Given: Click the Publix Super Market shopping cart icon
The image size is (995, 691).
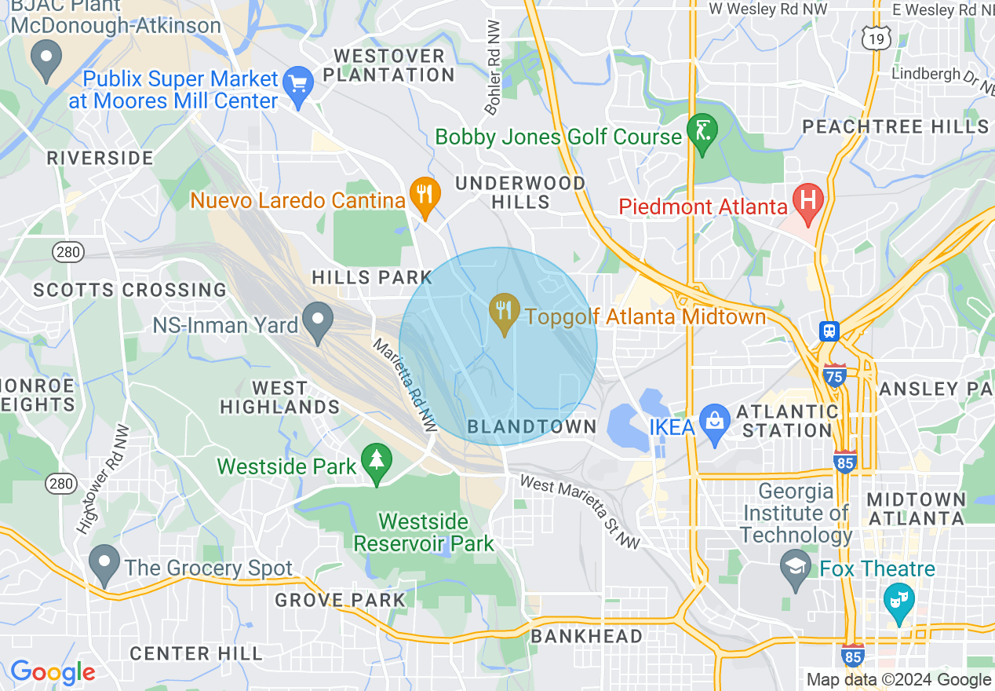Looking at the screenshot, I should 298,82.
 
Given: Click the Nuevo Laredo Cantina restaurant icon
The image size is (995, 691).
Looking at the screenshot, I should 425,192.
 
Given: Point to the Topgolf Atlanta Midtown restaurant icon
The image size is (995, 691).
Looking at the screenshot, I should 503,311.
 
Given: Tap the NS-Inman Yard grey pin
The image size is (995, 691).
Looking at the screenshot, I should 318,321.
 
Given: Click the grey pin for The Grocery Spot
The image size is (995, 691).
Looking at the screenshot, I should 104,563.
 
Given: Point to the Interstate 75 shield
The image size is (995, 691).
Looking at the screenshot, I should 834,376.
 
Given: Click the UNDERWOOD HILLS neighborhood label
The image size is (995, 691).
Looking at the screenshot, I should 520,192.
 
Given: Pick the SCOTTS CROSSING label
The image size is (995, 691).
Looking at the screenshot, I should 129,290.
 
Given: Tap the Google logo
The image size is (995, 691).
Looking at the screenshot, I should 52,672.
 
